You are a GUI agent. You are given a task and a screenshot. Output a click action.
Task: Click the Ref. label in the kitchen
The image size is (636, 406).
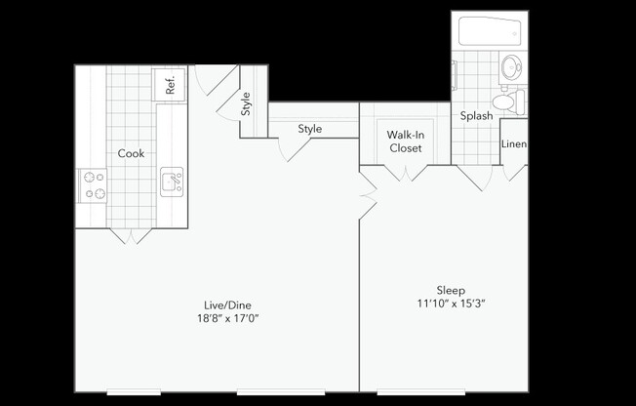point(171,85)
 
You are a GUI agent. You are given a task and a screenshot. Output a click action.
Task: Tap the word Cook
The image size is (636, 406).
point(131,153)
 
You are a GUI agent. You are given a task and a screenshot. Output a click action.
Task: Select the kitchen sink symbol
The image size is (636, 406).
point(172,182)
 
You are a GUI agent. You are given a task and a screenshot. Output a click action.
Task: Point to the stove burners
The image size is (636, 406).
point(94,185)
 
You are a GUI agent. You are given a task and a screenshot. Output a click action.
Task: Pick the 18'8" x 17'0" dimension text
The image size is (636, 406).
point(225,318)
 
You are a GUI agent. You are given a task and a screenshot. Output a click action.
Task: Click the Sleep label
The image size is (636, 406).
point(451,290)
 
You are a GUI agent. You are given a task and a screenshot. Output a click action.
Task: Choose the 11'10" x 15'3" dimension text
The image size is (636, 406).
point(451,304)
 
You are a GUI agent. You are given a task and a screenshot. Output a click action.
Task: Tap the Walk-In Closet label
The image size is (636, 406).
point(405,141)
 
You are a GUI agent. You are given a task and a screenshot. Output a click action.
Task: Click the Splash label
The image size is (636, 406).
point(476,116)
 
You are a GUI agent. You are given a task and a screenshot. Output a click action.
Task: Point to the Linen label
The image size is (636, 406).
point(514,144)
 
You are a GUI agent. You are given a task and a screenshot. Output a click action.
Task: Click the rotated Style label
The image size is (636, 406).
point(246,102)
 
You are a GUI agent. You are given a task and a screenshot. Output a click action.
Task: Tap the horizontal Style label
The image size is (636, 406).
point(310,129)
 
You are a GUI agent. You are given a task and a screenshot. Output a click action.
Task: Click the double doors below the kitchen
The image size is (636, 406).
point(130,235)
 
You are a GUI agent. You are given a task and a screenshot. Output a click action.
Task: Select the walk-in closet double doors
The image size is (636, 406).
point(405,173)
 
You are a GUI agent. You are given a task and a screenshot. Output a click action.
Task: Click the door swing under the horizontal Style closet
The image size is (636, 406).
point(294,148)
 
